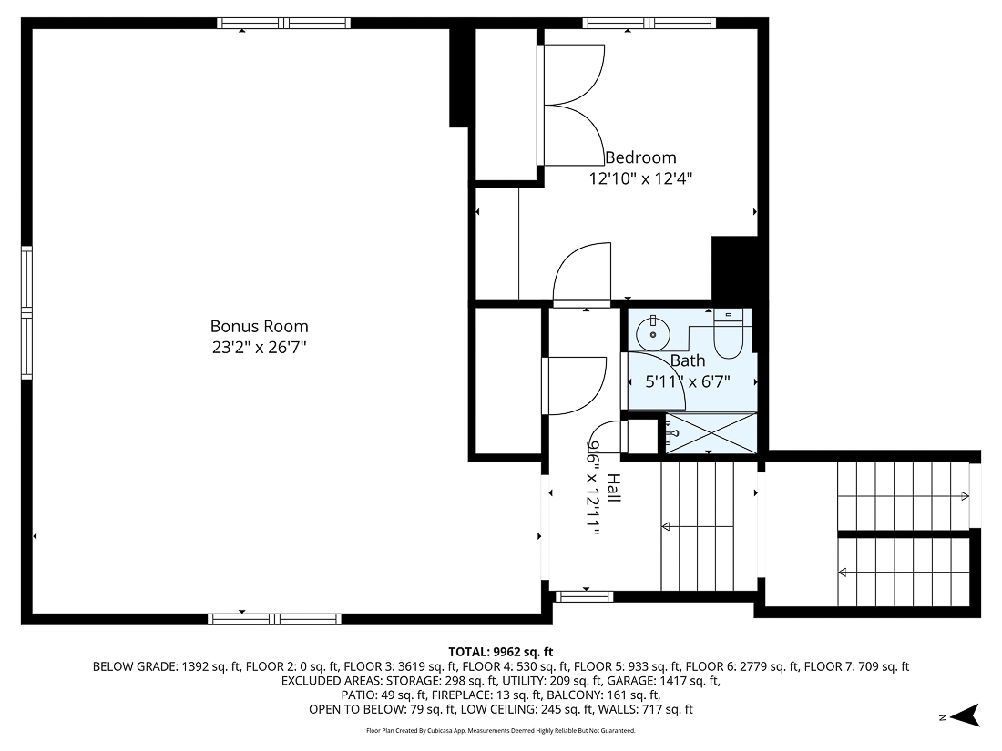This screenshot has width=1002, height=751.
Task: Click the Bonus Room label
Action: [x=259, y=326]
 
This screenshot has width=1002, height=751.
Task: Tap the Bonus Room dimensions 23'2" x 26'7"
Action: [x=259, y=347]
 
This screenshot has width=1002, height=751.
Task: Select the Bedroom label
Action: [x=640, y=157]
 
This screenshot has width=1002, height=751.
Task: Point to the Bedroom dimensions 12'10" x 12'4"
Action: [x=640, y=178]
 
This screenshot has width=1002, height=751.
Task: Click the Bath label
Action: [x=688, y=360]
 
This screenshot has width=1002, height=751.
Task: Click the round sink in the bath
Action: [x=651, y=333]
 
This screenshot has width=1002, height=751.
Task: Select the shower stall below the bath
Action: [x=710, y=432]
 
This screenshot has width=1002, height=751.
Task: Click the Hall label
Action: [x=614, y=490]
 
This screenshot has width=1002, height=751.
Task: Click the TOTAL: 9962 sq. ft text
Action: [x=501, y=652]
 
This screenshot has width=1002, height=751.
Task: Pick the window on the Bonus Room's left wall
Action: [x=27, y=311]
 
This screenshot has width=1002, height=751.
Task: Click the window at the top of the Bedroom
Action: [x=649, y=24]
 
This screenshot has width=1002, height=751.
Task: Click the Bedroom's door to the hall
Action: [x=582, y=274]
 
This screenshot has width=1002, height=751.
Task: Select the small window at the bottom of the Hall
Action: [x=584, y=596]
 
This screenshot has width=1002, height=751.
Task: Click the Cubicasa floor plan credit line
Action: [x=501, y=731]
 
